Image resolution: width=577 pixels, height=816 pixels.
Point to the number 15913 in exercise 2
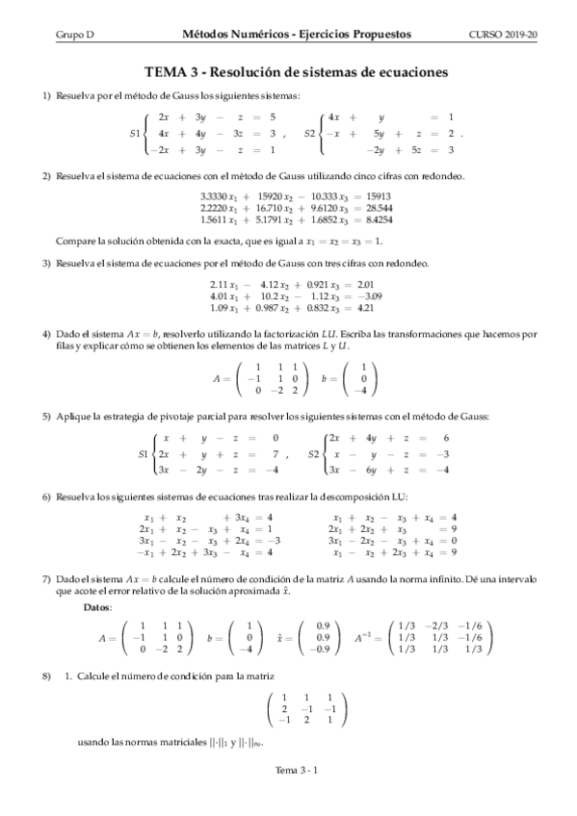pyautogui.click(x=374, y=196)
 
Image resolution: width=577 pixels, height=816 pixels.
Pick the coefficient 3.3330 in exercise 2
pyautogui.click(x=213, y=196)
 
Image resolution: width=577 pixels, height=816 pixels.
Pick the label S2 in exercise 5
pyautogui.click(x=315, y=453)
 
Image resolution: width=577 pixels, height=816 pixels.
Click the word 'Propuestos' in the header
pyautogui.click(x=382, y=34)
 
